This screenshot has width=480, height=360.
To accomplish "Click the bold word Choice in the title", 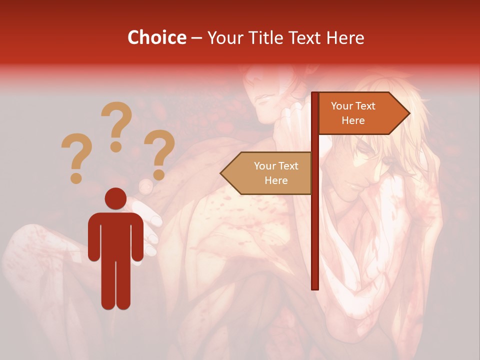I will point(156,37).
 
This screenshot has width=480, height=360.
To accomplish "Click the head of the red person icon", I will point(115,198).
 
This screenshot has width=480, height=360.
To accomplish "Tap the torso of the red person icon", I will point(115,235).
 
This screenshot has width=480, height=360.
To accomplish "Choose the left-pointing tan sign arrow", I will point(267,173).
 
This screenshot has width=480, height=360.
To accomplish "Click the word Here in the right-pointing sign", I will point(353,120).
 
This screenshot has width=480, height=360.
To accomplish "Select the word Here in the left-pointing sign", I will point(276,180).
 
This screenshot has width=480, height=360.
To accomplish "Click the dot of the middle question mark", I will point(116,146).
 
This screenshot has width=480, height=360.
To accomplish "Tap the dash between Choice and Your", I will point(196,37).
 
